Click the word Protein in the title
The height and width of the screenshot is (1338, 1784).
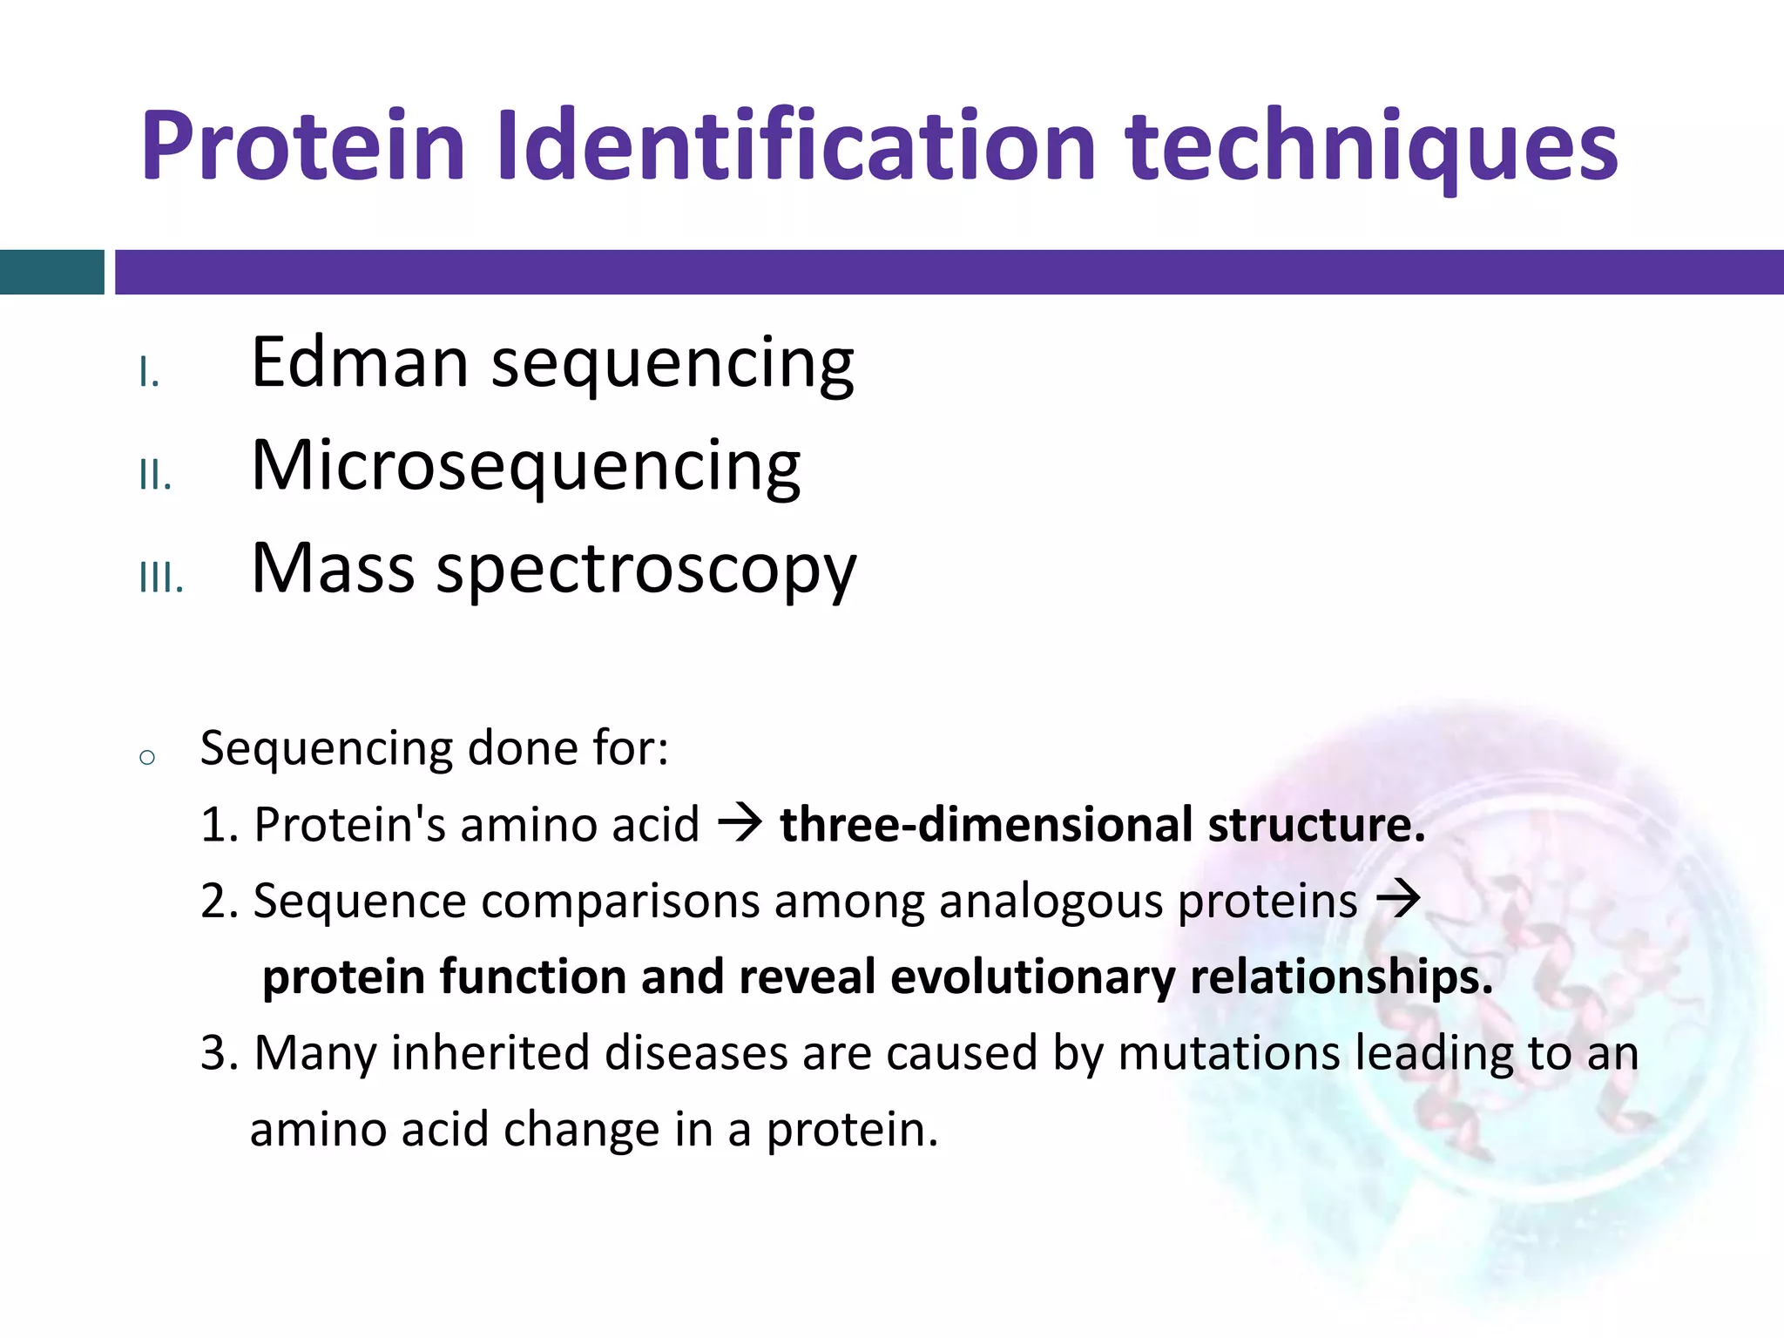(x=302, y=145)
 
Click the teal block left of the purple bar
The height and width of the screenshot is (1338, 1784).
(x=51, y=272)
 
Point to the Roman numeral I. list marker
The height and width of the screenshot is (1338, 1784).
(x=149, y=374)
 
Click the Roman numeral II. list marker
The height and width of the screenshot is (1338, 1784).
(x=155, y=476)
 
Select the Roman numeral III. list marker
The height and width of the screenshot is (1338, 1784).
(x=161, y=578)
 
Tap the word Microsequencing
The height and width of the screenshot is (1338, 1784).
(x=525, y=467)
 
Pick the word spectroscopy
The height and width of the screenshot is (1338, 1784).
(x=645, y=571)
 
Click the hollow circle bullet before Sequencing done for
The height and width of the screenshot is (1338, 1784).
(x=147, y=757)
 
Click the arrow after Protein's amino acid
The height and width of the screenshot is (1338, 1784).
(x=740, y=823)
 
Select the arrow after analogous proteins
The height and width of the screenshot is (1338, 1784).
(x=1397, y=899)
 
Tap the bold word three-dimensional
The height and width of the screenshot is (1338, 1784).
(x=985, y=825)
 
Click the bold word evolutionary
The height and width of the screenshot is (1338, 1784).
(x=1031, y=976)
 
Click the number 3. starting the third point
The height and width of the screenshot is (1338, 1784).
(x=219, y=1052)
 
